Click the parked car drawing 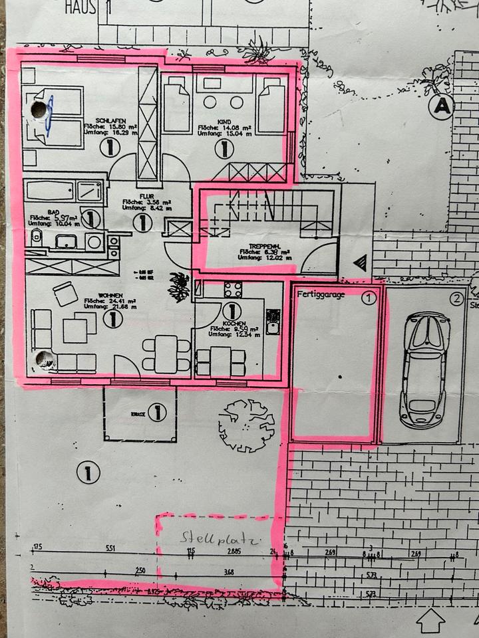tap(423, 369)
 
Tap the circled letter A tap(440, 105)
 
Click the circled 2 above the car tap(456, 299)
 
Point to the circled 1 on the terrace tap(157, 413)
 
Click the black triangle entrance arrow tap(360, 263)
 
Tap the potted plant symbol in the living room tap(178, 286)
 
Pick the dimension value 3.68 tap(229, 572)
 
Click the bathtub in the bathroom tap(50, 191)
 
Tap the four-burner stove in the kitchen tap(233, 289)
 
